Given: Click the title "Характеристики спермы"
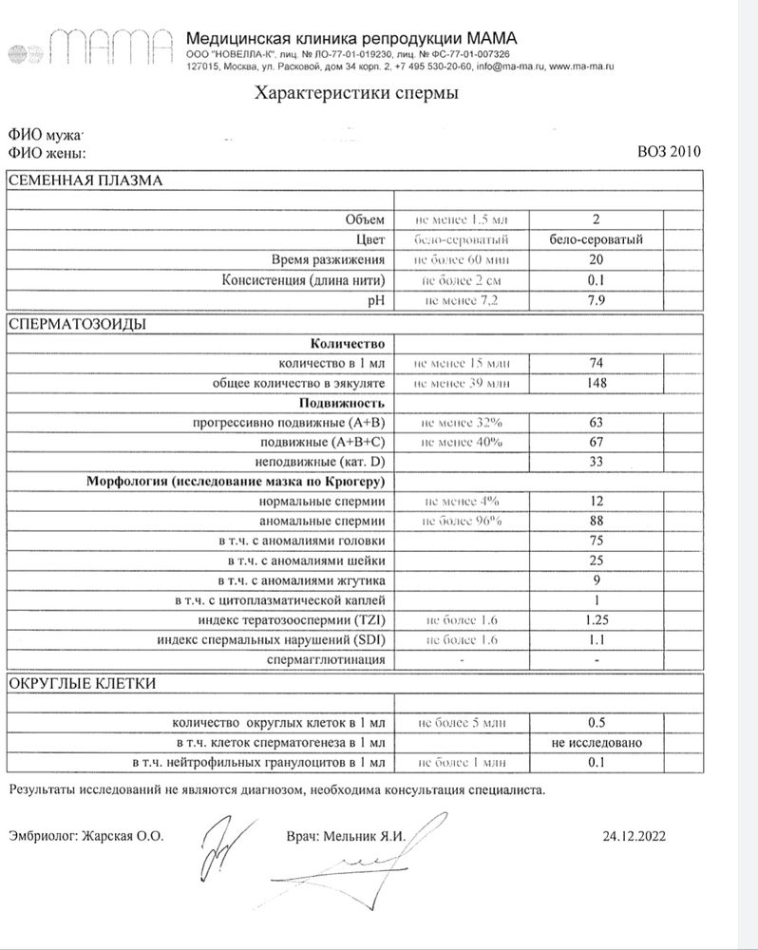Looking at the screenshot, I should click(x=355, y=93).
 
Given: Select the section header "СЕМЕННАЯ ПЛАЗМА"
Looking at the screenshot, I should click(x=86, y=180).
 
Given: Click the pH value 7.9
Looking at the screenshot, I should click(x=597, y=300).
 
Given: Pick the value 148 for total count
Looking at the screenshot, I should click(x=597, y=383).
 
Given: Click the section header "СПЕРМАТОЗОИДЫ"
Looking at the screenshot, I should click(x=77, y=324).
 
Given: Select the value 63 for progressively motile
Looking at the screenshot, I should click(x=597, y=422).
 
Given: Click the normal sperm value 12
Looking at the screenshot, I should click(x=597, y=501).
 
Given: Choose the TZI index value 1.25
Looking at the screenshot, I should click(x=597, y=619).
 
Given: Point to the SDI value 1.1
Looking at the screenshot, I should click(x=597, y=639).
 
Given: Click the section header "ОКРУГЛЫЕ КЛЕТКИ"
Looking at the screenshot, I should click(x=83, y=683).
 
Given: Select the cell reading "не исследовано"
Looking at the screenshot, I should click(x=597, y=742).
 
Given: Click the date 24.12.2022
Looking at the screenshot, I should click(x=635, y=836).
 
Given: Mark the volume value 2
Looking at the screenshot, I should click(x=597, y=219).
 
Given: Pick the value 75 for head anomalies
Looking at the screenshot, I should click(x=597, y=541).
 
